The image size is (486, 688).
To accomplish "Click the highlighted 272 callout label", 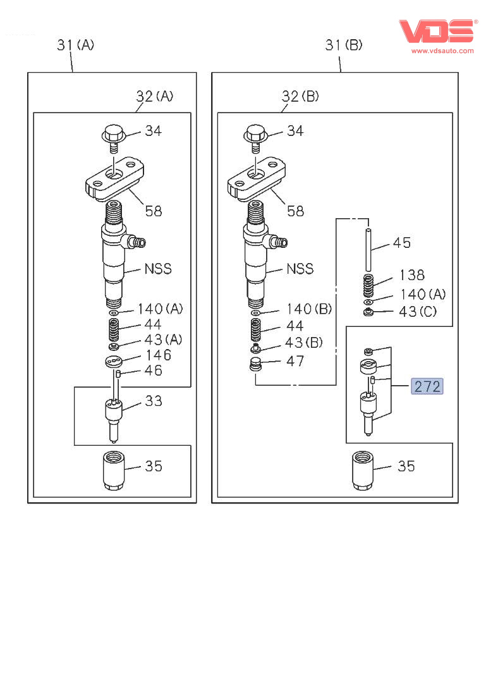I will [427, 386].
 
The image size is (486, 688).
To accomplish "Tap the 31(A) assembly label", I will [75, 45].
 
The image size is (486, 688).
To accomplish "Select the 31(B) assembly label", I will [344, 45].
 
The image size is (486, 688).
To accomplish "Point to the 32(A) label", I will [155, 96].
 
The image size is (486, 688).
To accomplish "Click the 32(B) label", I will [300, 96].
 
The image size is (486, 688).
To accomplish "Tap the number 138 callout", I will [411, 275].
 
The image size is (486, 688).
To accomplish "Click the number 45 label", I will [402, 242].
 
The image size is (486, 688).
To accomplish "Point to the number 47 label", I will [295, 361].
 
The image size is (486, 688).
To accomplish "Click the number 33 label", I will [154, 401].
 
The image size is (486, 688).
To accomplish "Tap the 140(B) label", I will [309, 309].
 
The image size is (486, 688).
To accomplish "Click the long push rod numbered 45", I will [367, 241].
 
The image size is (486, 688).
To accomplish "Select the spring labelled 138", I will [368, 286].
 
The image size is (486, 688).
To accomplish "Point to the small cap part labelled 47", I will [256, 365].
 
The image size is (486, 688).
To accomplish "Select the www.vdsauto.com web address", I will [442, 51].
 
